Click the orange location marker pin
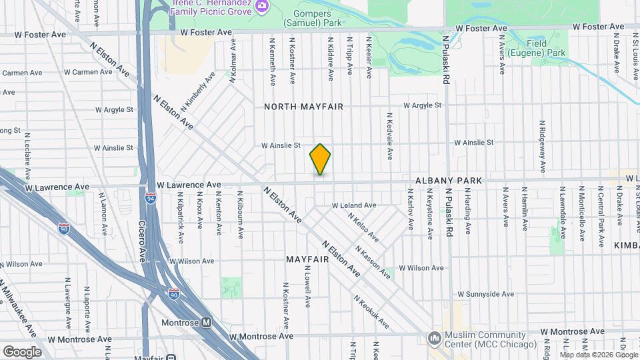coord(320,159)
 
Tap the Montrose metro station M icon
coord(207,323)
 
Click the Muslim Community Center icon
coord(435,338)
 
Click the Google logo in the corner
coord(22,351)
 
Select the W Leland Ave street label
coord(354,205)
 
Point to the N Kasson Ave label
coord(372,261)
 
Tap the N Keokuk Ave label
coord(371,312)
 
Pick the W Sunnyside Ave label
coord(486,293)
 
